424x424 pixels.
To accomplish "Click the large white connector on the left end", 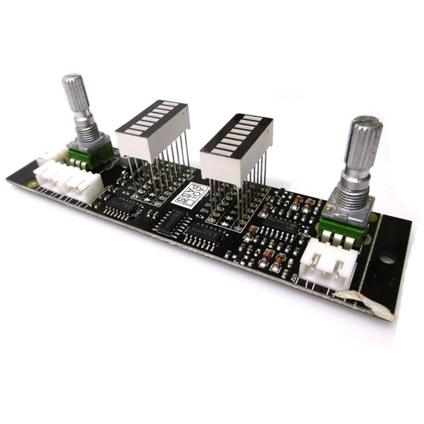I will (72, 178).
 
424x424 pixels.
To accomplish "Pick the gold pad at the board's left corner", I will (32, 182).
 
